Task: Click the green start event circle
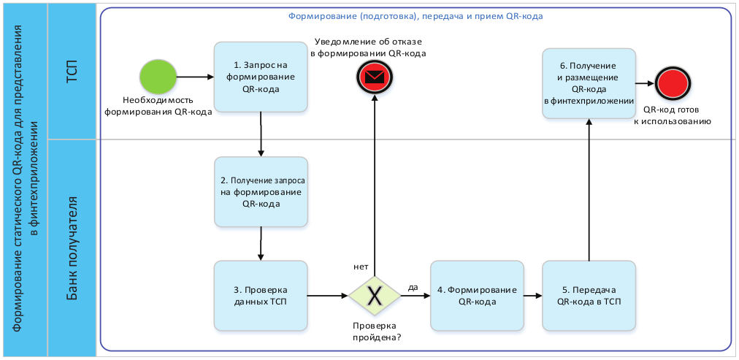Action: (158, 77)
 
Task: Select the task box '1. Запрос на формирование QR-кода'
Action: (261, 77)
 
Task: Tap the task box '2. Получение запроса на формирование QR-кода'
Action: (261, 192)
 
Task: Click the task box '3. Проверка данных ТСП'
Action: (261, 296)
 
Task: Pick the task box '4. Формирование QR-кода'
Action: (477, 296)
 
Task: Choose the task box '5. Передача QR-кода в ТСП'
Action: (589, 296)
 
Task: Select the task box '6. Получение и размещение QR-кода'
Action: (589, 83)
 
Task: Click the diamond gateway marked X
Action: (374, 296)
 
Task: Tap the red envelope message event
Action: (374, 75)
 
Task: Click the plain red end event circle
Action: (672, 83)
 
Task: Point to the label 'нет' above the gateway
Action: (360, 267)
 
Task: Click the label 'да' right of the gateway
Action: (413, 287)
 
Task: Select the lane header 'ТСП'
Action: (72, 71)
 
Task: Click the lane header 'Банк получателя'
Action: (72, 248)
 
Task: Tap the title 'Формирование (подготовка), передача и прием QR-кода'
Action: (415, 15)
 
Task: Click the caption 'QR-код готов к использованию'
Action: (672, 116)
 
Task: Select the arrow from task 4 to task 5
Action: (532, 296)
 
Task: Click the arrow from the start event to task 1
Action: (195, 77)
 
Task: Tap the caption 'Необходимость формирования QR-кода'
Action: (158, 107)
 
